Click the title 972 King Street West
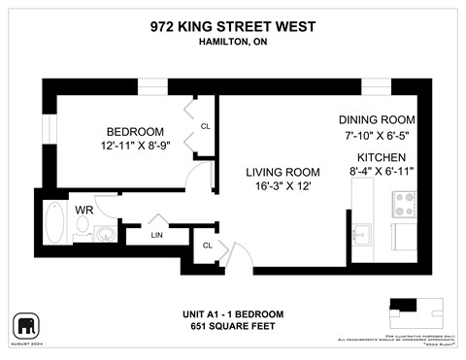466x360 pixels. click(232, 26)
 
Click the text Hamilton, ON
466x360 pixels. click(232, 42)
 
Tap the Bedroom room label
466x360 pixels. click(135, 131)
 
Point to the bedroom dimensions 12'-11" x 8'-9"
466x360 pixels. click(135, 146)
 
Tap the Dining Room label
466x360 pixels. click(377, 119)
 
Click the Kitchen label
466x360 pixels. click(381, 157)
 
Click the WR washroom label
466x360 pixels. click(84, 209)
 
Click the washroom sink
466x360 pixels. click(105, 233)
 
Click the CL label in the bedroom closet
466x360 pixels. click(206, 126)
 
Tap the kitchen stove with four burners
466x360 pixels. click(403, 203)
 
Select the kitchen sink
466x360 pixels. click(362, 234)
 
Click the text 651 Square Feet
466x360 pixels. click(232, 326)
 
